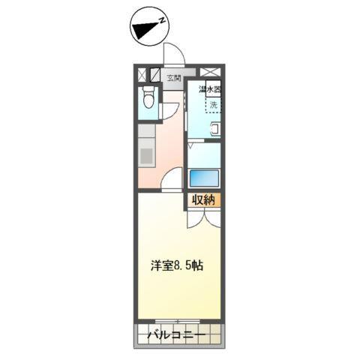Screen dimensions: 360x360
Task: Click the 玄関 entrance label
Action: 173,77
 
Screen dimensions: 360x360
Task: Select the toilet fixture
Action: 148,97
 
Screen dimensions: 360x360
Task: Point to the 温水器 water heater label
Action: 210,91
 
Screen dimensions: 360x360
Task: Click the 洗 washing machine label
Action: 213,105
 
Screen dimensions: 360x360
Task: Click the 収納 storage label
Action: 203,199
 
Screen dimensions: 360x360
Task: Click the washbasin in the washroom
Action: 215,129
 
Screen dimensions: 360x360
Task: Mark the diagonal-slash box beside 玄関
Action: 154,74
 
